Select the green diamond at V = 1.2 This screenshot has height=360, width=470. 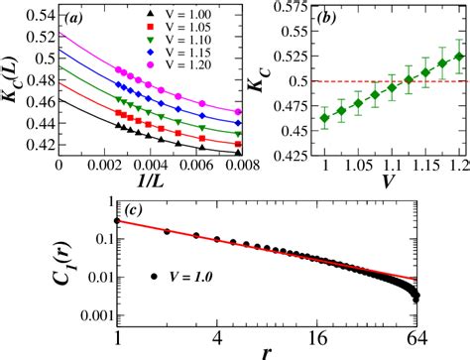click(x=457, y=56)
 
